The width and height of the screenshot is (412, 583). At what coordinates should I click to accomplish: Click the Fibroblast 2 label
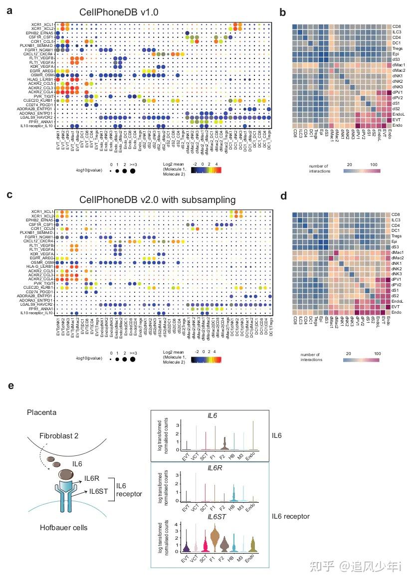60,434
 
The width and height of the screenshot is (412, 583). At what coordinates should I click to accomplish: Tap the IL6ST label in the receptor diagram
100,492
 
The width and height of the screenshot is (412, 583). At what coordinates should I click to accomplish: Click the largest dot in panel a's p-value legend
133,171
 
